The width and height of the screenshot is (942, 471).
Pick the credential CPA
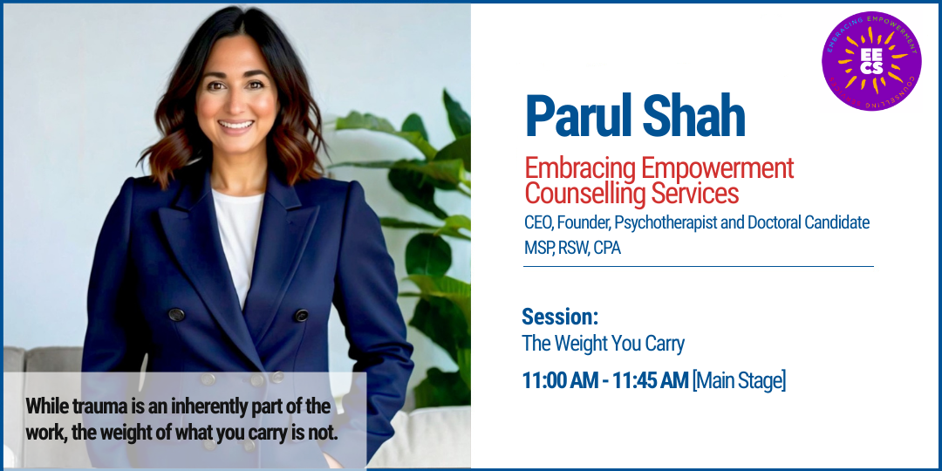point(606,248)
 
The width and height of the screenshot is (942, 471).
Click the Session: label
point(560,316)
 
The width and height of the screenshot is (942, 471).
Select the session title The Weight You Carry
point(603,344)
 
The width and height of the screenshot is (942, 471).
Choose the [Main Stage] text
point(739,381)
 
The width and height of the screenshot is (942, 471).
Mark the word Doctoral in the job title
point(780,222)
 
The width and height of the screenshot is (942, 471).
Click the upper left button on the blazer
point(176,314)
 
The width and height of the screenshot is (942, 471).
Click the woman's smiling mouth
point(235,126)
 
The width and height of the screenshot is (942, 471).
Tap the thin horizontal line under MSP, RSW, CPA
point(698,266)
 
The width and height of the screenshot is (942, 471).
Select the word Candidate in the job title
point(840,222)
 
